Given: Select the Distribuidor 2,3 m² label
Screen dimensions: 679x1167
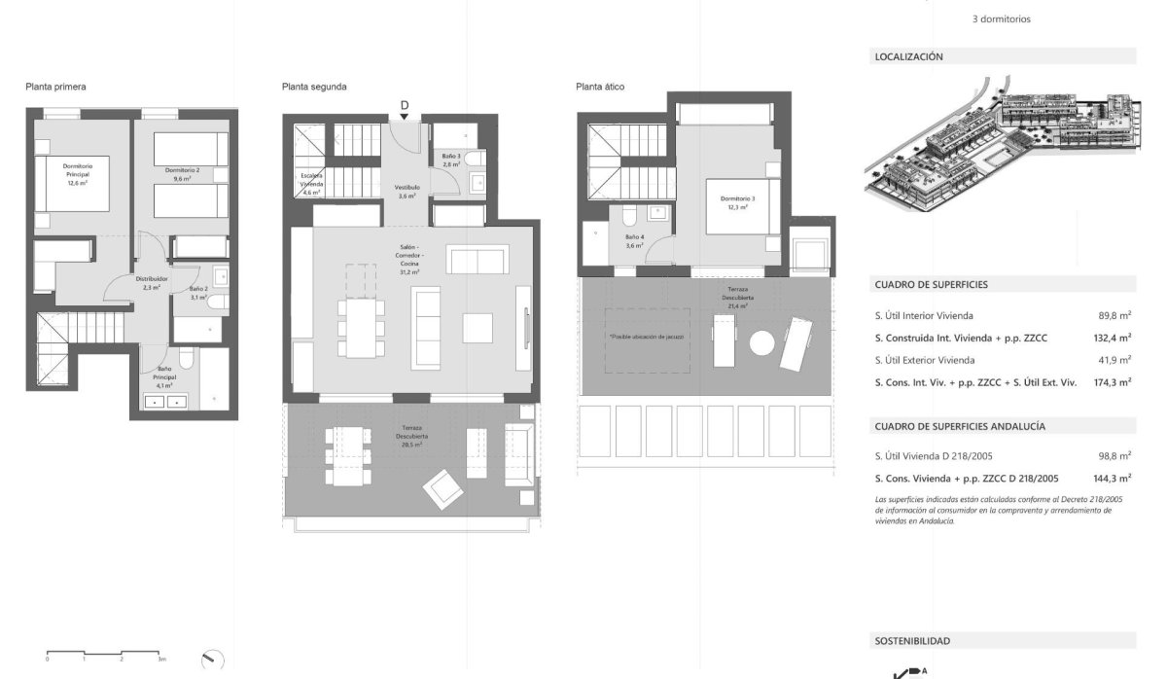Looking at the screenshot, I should [x=150, y=282].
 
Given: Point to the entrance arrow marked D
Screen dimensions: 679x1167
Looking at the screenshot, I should [x=405, y=110].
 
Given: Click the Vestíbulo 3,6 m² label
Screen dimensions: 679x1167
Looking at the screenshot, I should [x=407, y=191].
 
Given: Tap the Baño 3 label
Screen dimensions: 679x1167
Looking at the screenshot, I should [x=450, y=161].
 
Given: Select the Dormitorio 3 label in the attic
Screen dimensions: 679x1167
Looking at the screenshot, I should [x=738, y=202].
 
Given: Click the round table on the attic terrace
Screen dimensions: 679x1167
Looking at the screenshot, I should [x=762, y=343].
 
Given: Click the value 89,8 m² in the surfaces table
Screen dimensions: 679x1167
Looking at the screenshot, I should [x=1114, y=315].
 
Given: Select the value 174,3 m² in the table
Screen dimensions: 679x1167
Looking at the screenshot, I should [x=1111, y=382].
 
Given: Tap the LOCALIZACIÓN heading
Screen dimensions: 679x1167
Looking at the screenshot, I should [x=909, y=57].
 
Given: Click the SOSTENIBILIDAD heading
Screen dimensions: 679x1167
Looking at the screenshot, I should [x=912, y=641].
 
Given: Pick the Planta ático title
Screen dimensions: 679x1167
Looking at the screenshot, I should [x=600, y=87].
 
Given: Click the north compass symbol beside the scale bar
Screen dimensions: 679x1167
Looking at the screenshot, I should [x=212, y=660].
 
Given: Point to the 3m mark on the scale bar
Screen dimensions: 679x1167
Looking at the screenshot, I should [x=161, y=659].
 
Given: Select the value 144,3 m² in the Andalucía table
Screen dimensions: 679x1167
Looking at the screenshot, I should [x=1111, y=479].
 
